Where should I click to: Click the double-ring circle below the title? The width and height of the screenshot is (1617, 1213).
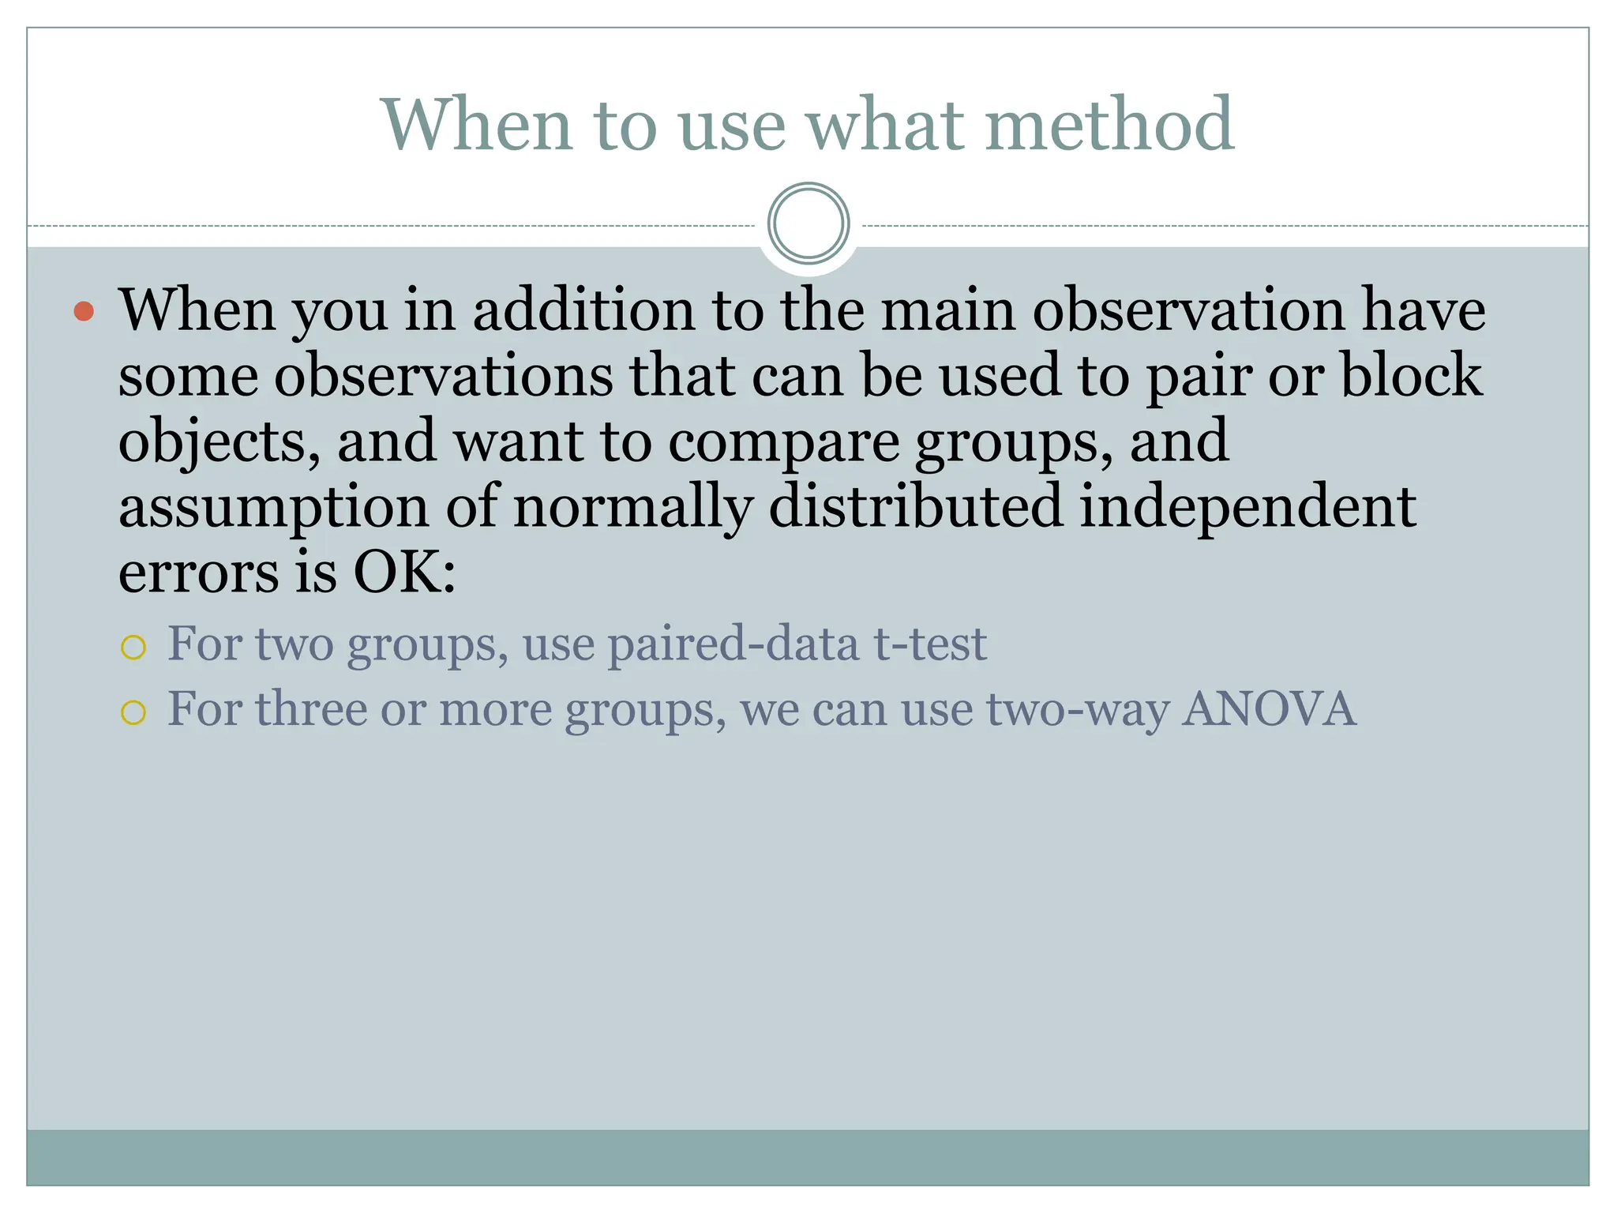[x=808, y=223]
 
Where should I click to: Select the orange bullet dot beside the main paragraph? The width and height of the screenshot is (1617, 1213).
[x=84, y=311]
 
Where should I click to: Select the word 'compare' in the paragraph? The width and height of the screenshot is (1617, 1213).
[x=783, y=443]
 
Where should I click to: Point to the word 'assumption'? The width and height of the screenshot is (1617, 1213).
[x=273, y=508]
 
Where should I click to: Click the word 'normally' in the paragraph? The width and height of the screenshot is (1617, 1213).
[x=632, y=508]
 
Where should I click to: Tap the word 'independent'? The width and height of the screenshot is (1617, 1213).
[x=1247, y=508]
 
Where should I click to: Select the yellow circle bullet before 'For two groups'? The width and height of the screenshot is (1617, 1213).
[x=133, y=648]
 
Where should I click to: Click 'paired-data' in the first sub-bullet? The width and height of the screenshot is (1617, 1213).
[x=732, y=644]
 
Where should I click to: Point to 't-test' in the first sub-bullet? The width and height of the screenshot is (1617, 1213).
[x=929, y=644]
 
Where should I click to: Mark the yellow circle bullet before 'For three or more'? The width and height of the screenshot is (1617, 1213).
[x=133, y=713]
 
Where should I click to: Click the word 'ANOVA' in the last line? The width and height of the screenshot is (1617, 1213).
[x=1269, y=708]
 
